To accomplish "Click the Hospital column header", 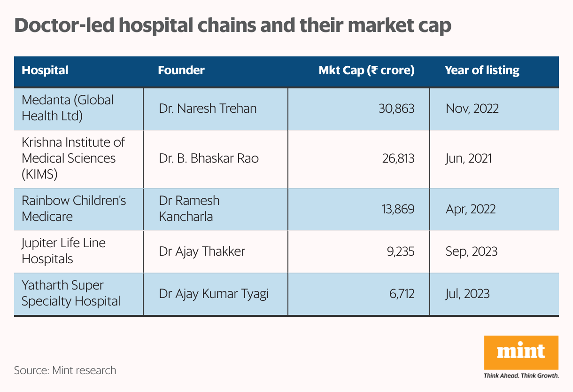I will (45, 71).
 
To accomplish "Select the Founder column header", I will (181, 71).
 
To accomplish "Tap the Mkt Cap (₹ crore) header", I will (366, 71).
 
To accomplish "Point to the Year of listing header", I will (482, 71).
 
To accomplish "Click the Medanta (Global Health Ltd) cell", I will (68, 108).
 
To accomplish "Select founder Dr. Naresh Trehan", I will (208, 109).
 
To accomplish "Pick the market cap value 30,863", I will (396, 109).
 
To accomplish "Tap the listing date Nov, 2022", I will (472, 109).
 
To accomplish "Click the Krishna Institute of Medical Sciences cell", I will (73, 158).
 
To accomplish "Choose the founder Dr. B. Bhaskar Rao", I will (209, 158).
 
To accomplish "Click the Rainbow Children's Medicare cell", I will (74, 208).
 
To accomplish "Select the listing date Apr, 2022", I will (471, 209).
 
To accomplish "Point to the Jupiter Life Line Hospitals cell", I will (63, 251).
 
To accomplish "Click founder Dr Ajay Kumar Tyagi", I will (214, 294).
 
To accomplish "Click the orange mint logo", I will (521, 353).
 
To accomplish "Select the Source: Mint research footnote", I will (65, 370).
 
